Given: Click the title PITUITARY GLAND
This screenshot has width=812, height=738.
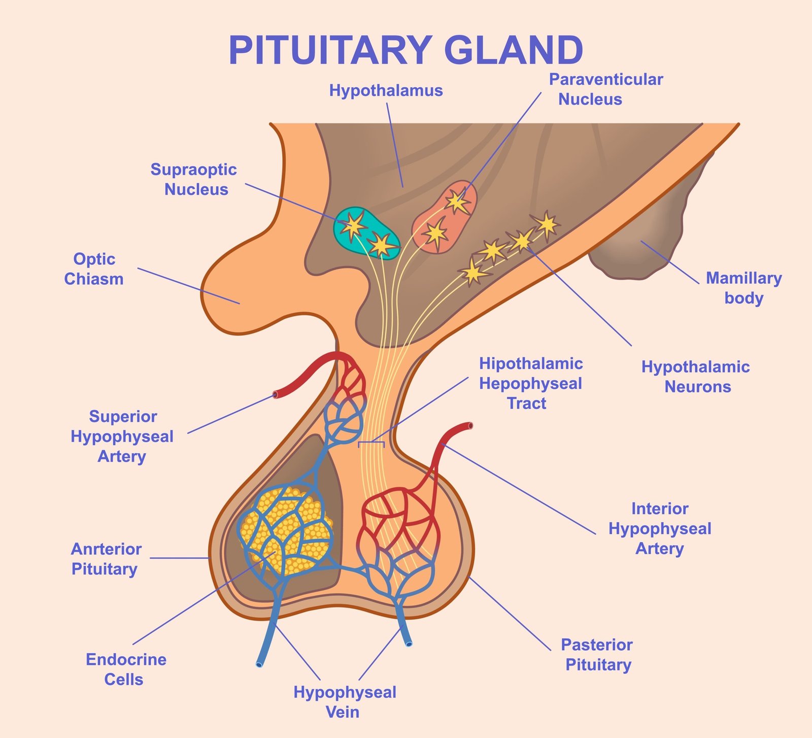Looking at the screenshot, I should (405, 51).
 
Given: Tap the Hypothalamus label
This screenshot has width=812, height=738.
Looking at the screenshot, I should (386, 91).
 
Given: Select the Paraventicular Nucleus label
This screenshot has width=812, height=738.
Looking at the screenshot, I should (605, 89).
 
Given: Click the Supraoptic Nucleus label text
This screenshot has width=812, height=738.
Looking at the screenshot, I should (194, 179).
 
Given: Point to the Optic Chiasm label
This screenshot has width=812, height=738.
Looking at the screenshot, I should (94, 269).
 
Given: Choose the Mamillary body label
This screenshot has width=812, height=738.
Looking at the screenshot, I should (743, 288).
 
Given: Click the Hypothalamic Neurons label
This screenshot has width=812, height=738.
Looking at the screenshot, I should (696, 377).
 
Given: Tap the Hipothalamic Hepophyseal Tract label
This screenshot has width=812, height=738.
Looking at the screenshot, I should (530, 383).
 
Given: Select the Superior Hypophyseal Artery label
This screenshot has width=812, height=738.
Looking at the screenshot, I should (122, 437).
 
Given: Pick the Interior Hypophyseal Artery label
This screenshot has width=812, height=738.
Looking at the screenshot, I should (660, 528).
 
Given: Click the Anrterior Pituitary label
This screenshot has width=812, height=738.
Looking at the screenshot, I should (106, 559).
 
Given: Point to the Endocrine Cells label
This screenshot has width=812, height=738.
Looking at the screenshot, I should (125, 669).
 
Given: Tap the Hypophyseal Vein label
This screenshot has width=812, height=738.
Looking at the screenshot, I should (345, 702).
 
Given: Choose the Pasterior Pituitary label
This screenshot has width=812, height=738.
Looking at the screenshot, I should (597, 655).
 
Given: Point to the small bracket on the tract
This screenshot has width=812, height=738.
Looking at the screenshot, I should (371, 444).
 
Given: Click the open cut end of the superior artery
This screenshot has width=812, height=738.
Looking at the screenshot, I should (276, 394).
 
